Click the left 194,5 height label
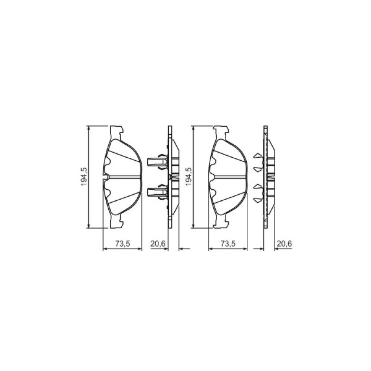coord(85,176)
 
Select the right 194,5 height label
coord(189,176)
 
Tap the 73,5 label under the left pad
coord(123,243)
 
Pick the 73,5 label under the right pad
coord(228,243)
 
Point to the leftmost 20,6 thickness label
coord(158,243)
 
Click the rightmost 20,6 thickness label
coord(284,243)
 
